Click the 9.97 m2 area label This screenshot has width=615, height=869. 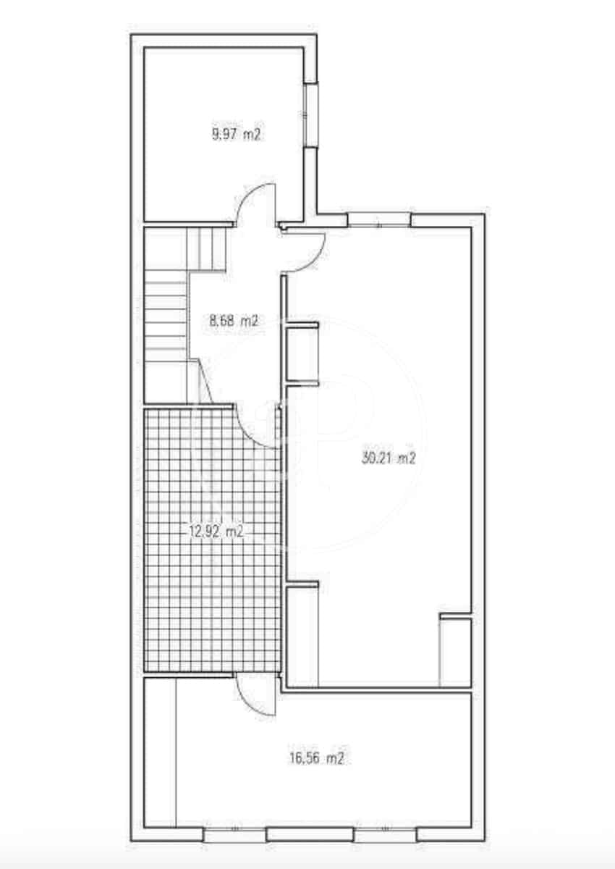[x=237, y=134]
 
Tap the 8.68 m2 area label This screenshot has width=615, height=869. [x=234, y=321]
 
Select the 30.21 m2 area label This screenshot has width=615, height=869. [x=389, y=458]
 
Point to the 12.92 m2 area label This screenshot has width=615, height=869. [x=216, y=531]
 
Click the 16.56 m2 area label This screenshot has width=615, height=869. [x=317, y=757]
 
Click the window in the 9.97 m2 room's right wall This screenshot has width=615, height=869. [x=310, y=115]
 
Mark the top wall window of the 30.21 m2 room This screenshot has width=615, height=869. [x=379, y=220]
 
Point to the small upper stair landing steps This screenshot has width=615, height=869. [x=205, y=249]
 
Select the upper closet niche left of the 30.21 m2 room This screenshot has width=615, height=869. [x=302, y=354]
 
